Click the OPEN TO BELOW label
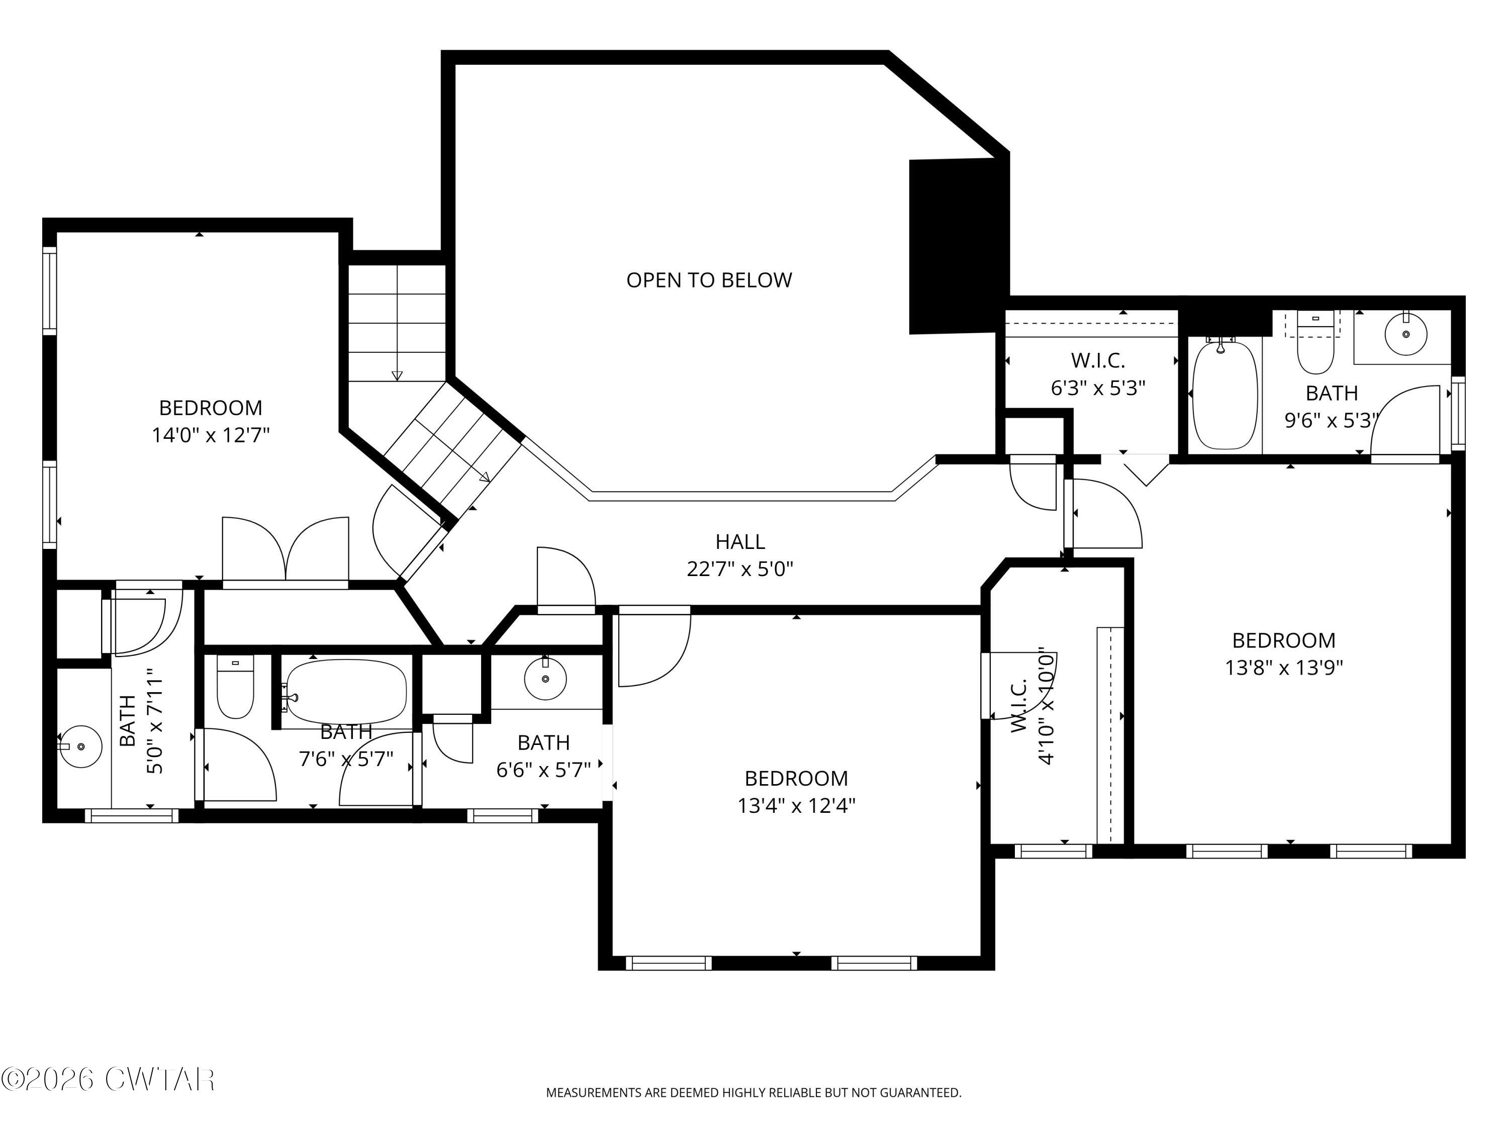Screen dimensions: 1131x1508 (x=708, y=280)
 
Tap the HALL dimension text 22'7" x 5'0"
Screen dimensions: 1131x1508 (x=740, y=569)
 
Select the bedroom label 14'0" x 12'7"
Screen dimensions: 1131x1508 (x=211, y=435)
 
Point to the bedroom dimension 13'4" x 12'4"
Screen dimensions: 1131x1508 (x=796, y=806)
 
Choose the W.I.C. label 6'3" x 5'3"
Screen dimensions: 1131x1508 (x=1098, y=387)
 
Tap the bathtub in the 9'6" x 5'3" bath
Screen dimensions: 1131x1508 (x=1225, y=396)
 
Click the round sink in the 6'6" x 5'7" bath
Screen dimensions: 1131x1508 (x=545, y=678)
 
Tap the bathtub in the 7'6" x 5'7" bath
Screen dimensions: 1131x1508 (x=346, y=691)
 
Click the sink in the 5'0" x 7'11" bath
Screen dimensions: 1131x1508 (x=80, y=746)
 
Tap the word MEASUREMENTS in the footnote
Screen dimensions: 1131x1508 (x=593, y=1093)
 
